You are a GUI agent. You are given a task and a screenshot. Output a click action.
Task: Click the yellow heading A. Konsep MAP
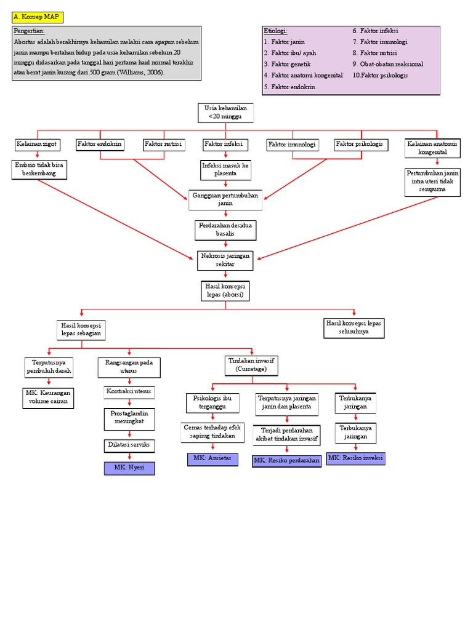click(36, 17)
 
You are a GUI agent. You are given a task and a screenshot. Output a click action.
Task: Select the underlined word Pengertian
click(30, 31)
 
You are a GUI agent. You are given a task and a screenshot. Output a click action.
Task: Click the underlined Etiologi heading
click(275, 31)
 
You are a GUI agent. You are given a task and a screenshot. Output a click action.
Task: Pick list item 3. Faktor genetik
click(287, 64)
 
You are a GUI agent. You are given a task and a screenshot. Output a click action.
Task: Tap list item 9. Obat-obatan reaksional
click(387, 64)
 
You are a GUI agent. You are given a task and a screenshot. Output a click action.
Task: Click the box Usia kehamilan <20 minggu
click(225, 112)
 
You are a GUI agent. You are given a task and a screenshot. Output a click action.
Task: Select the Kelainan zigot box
click(37, 144)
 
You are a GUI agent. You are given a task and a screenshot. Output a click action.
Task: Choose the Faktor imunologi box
click(292, 145)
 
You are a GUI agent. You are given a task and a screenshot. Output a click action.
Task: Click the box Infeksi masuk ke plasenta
click(225, 170)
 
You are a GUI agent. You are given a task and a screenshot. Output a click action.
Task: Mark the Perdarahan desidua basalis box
click(225, 229)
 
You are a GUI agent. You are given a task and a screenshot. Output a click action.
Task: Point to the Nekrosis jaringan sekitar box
click(225, 260)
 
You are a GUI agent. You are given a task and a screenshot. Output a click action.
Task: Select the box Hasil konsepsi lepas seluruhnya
click(355, 327)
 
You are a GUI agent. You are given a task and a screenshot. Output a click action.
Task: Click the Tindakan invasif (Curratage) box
click(252, 365)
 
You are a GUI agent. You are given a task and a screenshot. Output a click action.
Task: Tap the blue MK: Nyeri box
click(129, 468)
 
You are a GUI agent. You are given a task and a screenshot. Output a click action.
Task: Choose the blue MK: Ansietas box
click(212, 458)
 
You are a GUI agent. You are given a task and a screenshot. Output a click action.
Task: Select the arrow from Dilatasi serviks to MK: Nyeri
click(129, 457)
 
